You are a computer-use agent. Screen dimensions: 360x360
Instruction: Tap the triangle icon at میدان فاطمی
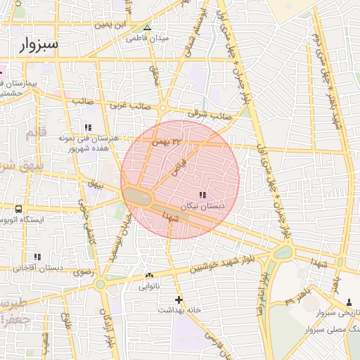click(x=147, y=29)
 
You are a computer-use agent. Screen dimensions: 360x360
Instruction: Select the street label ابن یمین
click(x=114, y=25)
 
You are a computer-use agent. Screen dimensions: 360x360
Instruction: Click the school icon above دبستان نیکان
click(x=202, y=195)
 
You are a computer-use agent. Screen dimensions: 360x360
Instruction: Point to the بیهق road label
click(x=96, y=184)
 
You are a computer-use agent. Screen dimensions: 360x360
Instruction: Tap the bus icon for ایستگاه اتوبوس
click(x=18, y=209)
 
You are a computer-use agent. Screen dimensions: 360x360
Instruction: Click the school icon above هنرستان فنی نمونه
click(x=88, y=127)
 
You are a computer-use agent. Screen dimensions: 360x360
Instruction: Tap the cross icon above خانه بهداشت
click(x=179, y=300)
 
